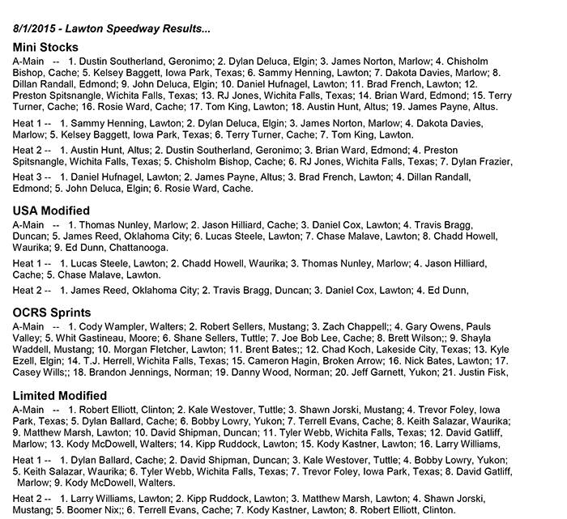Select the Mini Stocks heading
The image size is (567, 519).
(x=45, y=47)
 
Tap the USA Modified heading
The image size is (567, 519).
(x=52, y=211)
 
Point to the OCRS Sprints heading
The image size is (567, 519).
(x=52, y=313)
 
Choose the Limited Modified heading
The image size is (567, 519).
(x=60, y=396)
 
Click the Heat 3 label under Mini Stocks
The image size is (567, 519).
(x=29, y=177)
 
